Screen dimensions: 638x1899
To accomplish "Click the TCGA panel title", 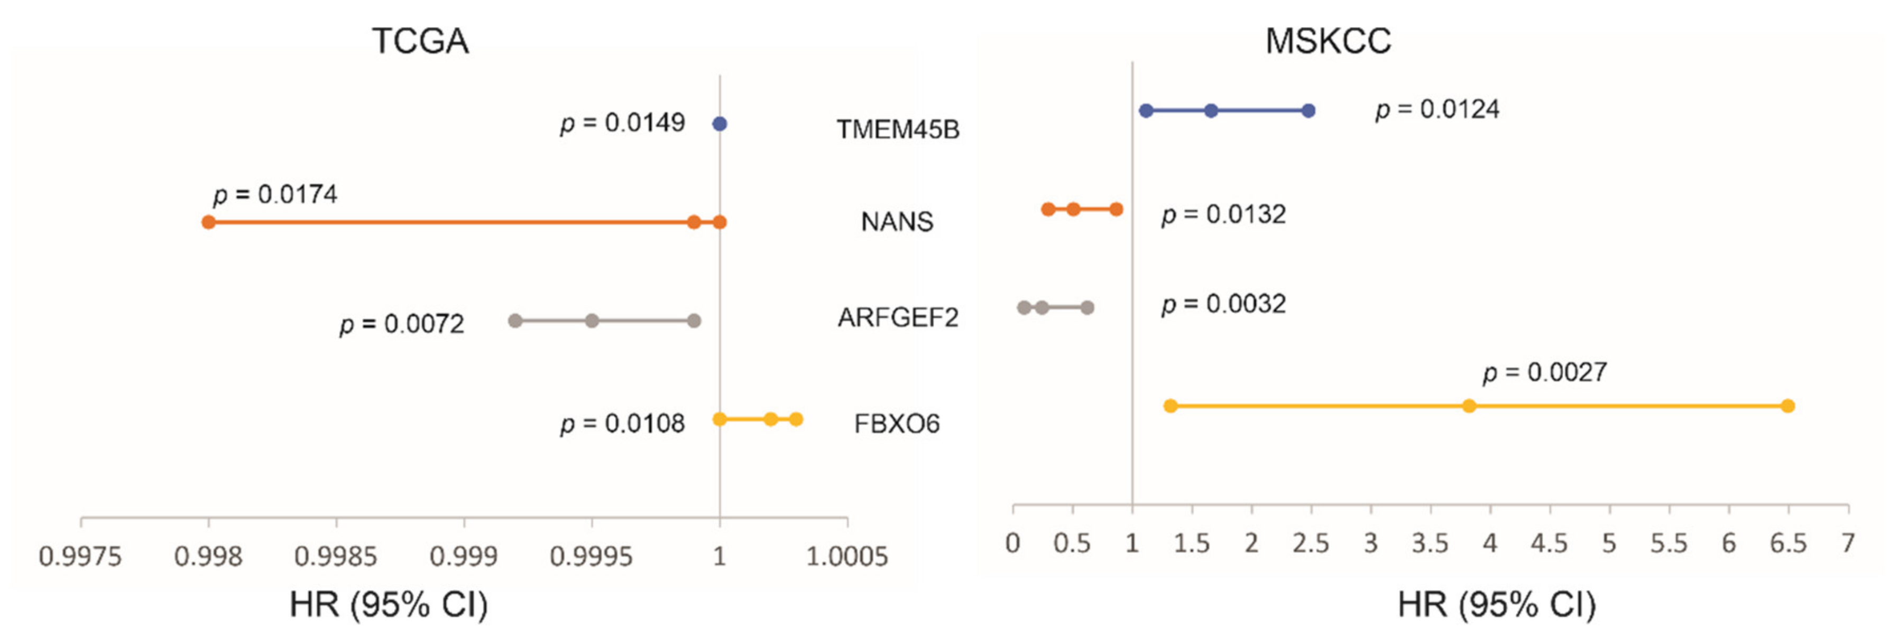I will (420, 41).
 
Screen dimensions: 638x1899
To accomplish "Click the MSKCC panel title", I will (1329, 41).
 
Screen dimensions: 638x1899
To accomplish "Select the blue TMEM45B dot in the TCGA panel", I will (720, 124).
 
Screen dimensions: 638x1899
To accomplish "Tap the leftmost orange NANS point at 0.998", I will (209, 222).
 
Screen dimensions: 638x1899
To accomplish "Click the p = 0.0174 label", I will (275, 194).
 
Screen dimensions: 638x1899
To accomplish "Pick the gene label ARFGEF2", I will (898, 317).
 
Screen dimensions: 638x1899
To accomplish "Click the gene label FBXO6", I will (897, 424).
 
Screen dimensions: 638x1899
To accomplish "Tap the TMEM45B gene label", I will (898, 130).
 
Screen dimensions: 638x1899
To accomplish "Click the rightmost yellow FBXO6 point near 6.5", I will (1787, 406).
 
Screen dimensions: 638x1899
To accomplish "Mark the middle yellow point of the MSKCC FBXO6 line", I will (1469, 406).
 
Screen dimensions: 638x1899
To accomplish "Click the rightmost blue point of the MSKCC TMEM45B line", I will (1308, 110).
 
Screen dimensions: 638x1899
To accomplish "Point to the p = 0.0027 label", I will (1545, 373).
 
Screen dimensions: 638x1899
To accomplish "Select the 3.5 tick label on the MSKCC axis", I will (1430, 543).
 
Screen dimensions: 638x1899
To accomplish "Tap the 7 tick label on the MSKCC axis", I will (1847, 543).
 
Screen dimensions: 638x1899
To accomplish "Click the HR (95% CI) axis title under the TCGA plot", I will (389, 605).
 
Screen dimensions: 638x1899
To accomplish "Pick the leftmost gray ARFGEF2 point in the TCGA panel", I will (515, 321).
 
